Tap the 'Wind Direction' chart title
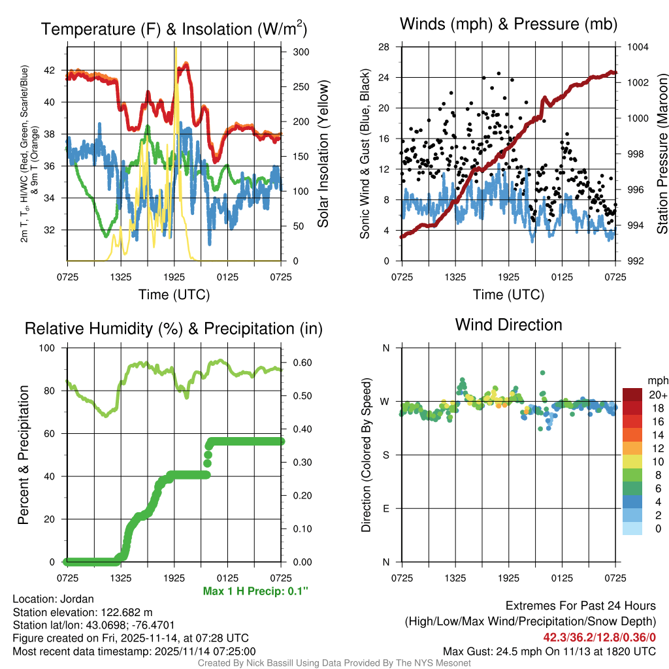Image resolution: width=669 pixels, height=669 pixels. [x=508, y=325]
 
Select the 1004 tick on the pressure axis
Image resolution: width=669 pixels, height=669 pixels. [x=638, y=47]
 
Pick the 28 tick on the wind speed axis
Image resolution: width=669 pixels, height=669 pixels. [x=384, y=47]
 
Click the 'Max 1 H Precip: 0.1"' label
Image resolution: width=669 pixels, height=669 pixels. [x=255, y=591]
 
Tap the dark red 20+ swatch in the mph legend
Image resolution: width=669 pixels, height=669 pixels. [x=632, y=395]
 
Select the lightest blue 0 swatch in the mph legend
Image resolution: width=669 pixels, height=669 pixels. [x=632, y=529]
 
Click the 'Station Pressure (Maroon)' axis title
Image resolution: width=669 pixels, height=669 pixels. [x=661, y=154]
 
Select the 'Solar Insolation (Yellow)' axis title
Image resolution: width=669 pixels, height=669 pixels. [x=323, y=154]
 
